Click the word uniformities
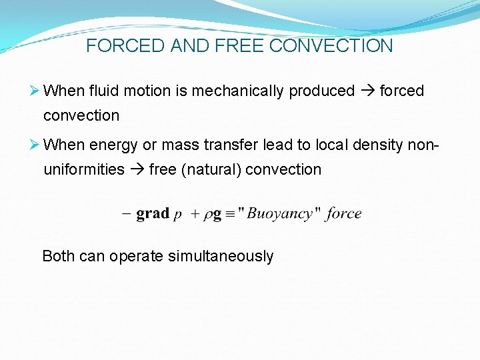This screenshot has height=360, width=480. point(84,169)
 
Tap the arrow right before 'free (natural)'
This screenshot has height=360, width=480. point(137,169)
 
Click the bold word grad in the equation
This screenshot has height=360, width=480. point(153,213)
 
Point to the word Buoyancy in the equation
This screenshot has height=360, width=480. point(279,213)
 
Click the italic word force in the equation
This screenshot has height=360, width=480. point(344,213)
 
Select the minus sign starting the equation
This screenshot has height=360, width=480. point(126,214)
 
